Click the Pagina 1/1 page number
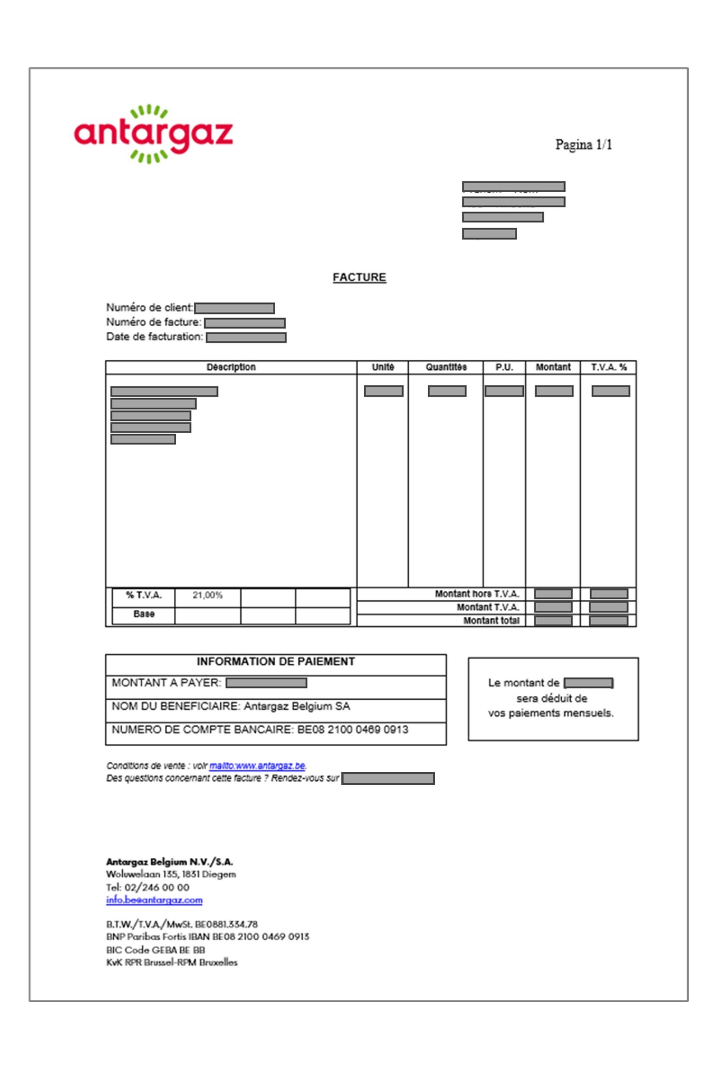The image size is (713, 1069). click(583, 145)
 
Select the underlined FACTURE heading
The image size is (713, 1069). click(359, 277)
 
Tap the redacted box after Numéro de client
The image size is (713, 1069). click(234, 308)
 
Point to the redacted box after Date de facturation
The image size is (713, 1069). click(246, 337)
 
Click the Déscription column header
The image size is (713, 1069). click(231, 367)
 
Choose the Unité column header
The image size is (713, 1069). click(383, 367)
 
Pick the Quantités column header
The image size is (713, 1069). click(446, 367)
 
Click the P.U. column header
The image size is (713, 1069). click(504, 367)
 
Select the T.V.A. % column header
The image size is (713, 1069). click(608, 367)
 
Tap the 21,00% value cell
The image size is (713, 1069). click(207, 596)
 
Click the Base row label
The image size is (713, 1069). click(144, 614)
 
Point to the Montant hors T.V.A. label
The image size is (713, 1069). click(477, 594)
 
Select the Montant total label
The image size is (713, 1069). click(491, 621)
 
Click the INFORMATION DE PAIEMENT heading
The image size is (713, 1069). click(276, 662)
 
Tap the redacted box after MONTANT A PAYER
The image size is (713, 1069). click(266, 683)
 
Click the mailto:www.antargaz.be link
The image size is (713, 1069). click(257, 766)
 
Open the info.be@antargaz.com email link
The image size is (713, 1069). click(154, 900)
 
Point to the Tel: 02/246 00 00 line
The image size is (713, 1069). click(147, 887)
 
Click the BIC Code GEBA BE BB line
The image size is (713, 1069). click(156, 950)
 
